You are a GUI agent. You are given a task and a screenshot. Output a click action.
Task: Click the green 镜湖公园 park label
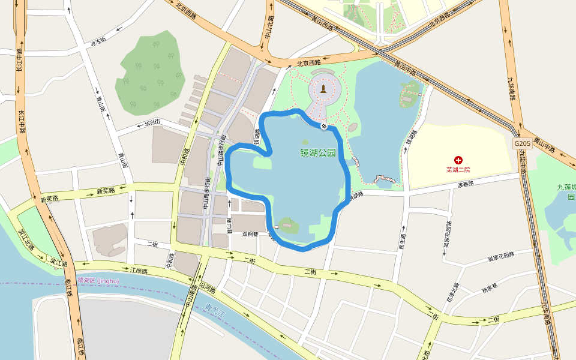click(x=317, y=152)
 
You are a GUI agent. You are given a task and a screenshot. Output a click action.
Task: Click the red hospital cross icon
click(x=459, y=160)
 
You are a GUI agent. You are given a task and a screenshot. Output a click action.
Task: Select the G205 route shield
click(x=521, y=144)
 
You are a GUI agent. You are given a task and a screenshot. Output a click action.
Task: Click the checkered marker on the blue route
click(x=324, y=126)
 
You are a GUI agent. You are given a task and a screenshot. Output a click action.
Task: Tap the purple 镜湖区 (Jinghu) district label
click(x=98, y=280)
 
